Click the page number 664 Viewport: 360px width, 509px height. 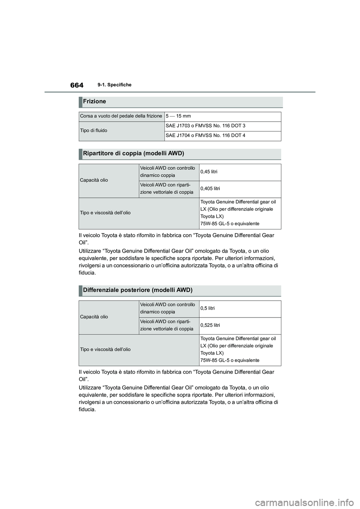coord(76,85)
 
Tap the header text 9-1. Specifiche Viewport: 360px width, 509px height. coord(116,85)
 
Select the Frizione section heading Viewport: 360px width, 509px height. coord(95,102)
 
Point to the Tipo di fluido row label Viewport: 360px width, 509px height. coord(94,130)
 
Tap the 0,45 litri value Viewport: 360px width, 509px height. coord(208,172)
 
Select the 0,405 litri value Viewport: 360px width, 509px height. coord(210,189)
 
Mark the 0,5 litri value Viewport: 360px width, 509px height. coord(207,308)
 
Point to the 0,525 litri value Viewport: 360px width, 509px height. coord(210,325)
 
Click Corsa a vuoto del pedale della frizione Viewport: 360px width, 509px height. coord(121,116)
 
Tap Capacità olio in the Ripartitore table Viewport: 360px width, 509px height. coord(94,180)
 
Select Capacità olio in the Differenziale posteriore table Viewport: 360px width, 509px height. coord(94,317)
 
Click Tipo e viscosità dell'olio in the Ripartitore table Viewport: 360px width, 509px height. coord(105,213)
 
